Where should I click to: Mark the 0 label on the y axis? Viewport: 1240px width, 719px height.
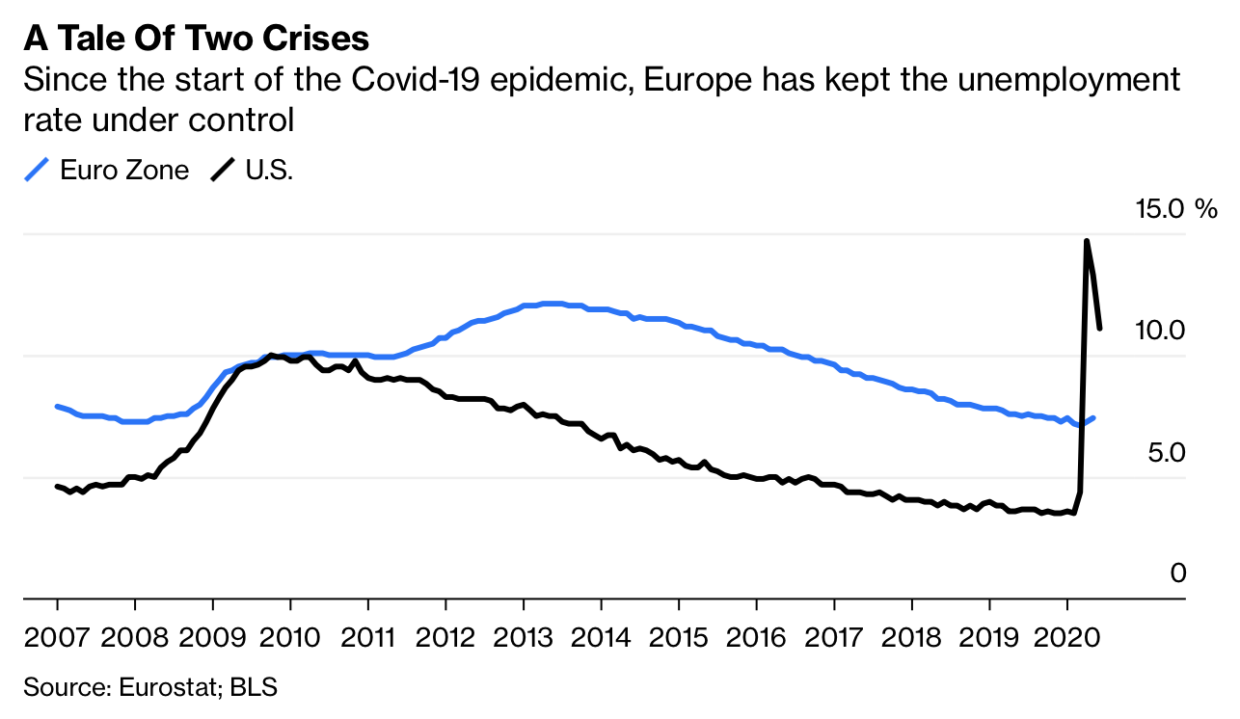pyautogui.click(x=1177, y=573)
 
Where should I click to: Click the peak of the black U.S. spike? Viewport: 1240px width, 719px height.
pyautogui.click(x=1087, y=241)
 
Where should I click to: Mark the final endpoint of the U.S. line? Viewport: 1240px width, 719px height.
pyautogui.click(x=1100, y=328)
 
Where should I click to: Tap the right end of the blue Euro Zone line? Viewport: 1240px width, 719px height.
pyautogui.click(x=1093, y=417)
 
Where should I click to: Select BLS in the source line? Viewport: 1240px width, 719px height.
pyautogui.click(x=258, y=687)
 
